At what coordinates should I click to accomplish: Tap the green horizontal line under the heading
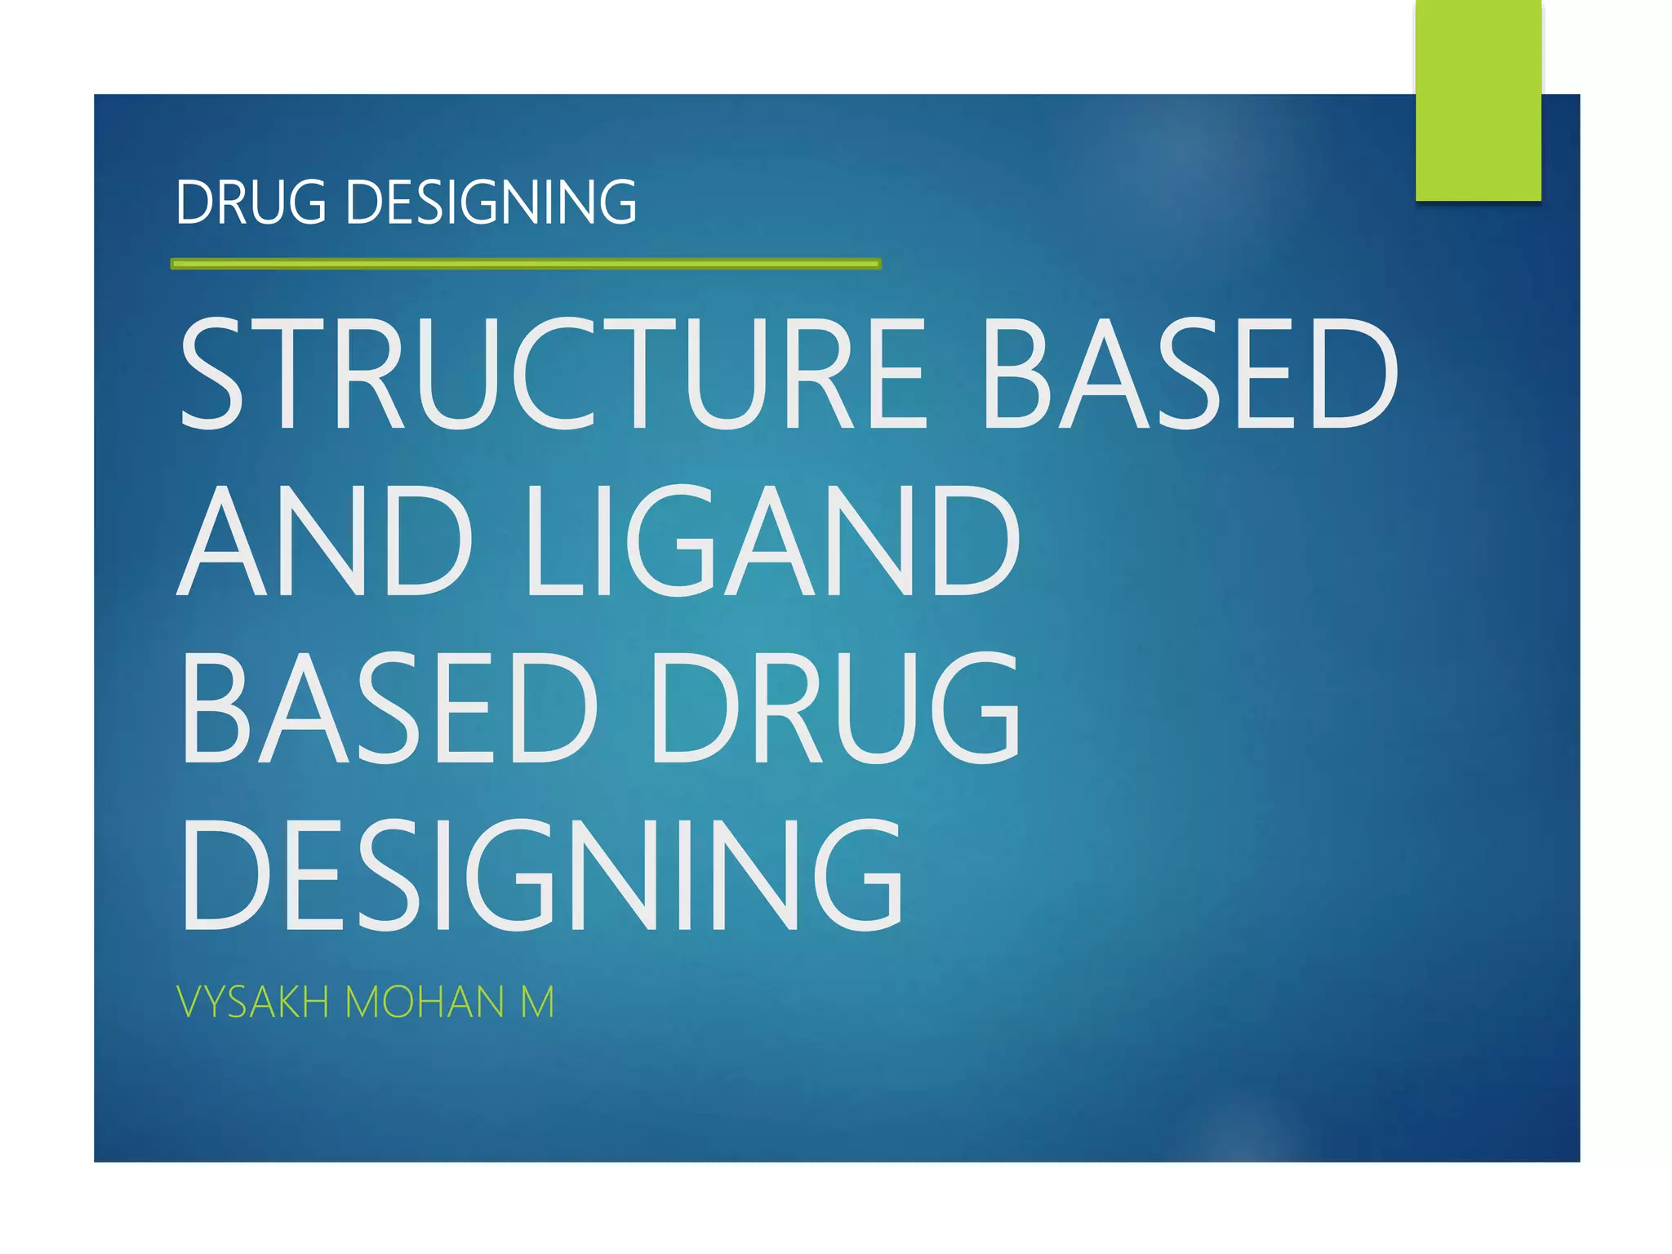pyautogui.click(x=526, y=264)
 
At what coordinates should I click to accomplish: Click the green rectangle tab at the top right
pyautogui.click(x=1478, y=100)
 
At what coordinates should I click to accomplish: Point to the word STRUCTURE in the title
pyautogui.click(x=552, y=373)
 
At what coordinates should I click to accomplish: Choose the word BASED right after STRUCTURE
pyautogui.click(x=1191, y=373)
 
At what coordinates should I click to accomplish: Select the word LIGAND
pyautogui.click(x=772, y=540)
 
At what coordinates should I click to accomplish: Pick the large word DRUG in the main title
pyautogui.click(x=834, y=707)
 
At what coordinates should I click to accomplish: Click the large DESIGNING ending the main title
pyautogui.click(x=542, y=874)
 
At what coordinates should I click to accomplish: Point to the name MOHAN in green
pyautogui.click(x=425, y=1002)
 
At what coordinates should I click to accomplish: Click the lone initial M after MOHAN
pyautogui.click(x=537, y=1002)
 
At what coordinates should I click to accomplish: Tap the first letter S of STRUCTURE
pyautogui.click(x=211, y=373)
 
